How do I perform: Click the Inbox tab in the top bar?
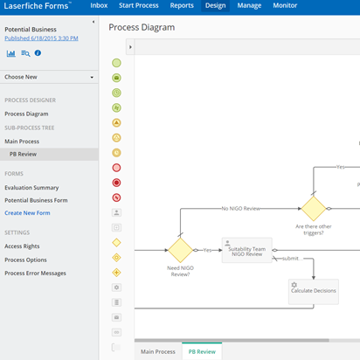tap(99, 5)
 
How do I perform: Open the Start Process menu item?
tap(139, 5)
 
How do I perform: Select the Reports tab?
tap(182, 5)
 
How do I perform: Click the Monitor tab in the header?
tap(285, 5)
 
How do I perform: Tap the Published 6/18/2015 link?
tap(41, 38)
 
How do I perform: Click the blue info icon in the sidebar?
tap(38, 53)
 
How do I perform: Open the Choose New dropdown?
tap(49, 77)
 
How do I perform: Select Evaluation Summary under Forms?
tap(31, 188)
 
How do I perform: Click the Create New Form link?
tap(27, 213)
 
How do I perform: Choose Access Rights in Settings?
tap(22, 246)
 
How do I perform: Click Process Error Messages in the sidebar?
tap(35, 273)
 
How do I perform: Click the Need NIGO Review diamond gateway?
tap(181, 250)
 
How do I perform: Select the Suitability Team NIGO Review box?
tap(247, 250)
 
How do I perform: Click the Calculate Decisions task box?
tap(314, 292)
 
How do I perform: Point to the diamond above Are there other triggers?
tap(314, 209)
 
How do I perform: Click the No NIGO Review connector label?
tap(241, 209)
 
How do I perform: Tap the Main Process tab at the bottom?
tap(158, 351)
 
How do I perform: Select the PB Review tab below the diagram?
tap(202, 351)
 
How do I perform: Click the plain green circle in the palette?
tap(116, 63)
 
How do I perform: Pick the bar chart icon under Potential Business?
tap(11, 53)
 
